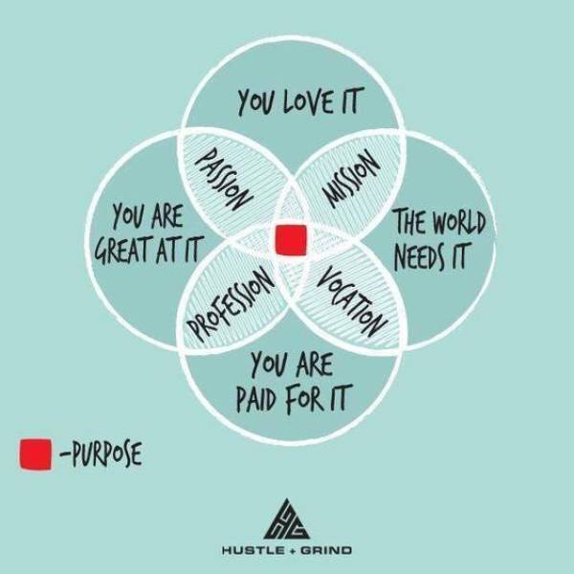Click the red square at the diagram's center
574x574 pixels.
click(291, 240)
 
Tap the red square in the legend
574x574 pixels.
click(35, 453)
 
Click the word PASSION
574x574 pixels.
click(224, 179)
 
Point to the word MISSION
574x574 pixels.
click(352, 180)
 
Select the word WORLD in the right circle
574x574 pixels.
click(459, 222)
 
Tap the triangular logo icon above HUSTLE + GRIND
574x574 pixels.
click(287, 519)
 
